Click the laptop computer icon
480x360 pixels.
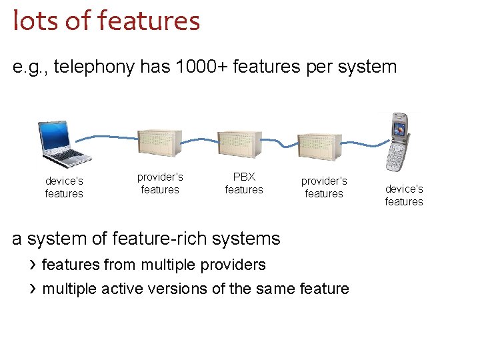coord(64,142)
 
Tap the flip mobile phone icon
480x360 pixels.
coord(399,143)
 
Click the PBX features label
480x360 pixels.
coord(244,183)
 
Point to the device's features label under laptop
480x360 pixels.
coord(64,187)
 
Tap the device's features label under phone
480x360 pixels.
coord(404,195)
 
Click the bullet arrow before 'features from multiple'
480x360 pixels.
coord(32,265)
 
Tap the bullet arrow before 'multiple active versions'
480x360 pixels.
coord(32,289)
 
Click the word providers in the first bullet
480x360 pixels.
coord(233,265)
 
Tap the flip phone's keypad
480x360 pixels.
coord(399,157)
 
